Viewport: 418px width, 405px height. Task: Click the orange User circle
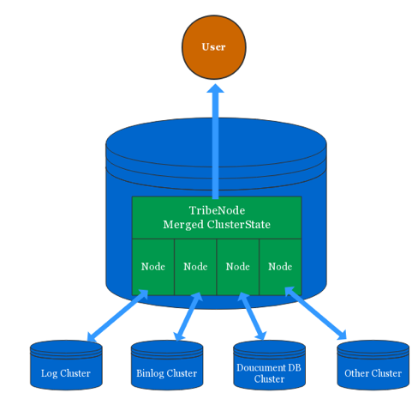[213, 46]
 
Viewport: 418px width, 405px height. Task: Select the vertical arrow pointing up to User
[215, 142]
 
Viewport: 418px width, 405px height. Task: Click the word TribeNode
[216, 210]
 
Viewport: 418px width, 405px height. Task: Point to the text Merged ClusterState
[216, 225]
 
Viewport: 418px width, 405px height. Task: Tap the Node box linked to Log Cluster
[152, 267]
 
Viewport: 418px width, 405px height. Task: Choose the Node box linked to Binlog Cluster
[195, 267]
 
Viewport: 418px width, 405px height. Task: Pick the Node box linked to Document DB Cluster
[237, 267]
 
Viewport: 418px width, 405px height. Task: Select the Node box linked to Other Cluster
[280, 267]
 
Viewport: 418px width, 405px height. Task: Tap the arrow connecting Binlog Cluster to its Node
[187, 315]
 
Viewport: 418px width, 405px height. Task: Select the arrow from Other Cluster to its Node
[316, 313]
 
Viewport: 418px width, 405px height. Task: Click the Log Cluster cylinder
[66, 364]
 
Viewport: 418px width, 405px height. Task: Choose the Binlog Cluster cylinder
[166, 364]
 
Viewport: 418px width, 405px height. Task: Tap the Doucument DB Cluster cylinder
[269, 364]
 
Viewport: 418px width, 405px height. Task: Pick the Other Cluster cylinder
[373, 364]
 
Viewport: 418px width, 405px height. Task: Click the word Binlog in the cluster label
[151, 373]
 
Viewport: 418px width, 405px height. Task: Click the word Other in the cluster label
[356, 373]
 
